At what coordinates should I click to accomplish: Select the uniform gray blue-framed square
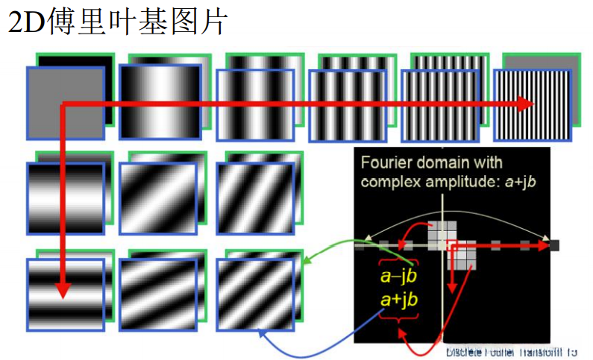point(65,103)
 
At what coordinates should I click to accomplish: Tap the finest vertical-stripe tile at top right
point(533,105)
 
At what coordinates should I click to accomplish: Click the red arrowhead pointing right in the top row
point(525,105)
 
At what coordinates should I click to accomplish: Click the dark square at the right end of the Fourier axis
point(554,244)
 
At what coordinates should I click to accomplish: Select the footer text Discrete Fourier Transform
point(512,350)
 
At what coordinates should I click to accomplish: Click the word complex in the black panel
point(388,182)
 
